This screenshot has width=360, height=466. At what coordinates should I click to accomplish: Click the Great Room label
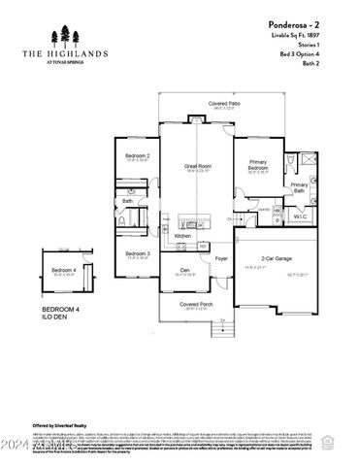198,166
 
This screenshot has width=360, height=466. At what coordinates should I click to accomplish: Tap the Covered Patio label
225,104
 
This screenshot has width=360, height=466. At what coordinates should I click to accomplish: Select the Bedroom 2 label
137,155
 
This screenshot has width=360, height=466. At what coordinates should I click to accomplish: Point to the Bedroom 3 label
137,253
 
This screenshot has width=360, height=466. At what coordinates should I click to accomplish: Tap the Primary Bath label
299,186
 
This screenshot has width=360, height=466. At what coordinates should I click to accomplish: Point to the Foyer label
221,258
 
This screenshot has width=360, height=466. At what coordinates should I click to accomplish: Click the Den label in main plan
184,270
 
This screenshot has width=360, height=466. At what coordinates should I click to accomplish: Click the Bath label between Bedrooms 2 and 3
127,201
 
